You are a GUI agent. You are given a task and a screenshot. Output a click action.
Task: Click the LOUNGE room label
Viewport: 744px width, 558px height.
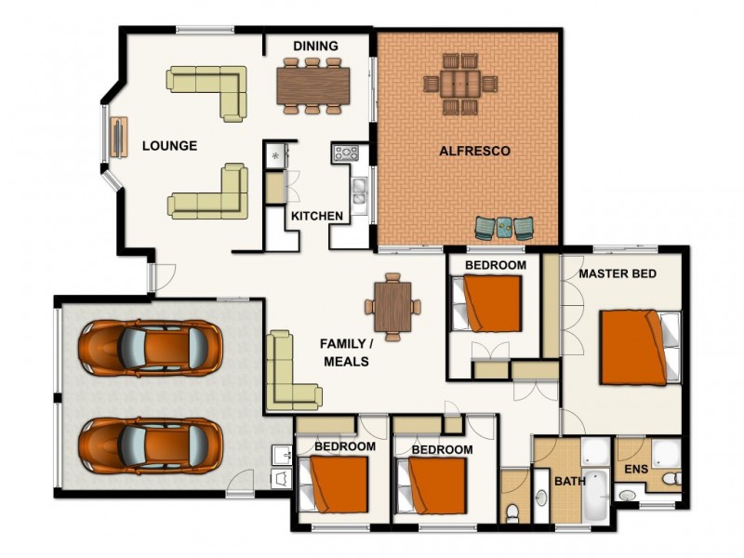169,146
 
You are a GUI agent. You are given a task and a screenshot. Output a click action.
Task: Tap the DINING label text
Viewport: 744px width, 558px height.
315,46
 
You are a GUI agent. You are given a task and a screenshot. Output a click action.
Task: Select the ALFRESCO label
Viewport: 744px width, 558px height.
474,151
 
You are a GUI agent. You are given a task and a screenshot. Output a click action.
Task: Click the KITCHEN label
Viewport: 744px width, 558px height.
316,217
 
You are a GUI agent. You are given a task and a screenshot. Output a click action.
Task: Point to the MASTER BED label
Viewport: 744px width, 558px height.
618,274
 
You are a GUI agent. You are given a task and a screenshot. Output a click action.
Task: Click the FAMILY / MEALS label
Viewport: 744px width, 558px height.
346,352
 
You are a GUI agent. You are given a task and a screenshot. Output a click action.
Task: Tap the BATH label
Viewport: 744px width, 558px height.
569,482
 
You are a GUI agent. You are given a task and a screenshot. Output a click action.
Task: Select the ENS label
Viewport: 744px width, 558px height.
636,469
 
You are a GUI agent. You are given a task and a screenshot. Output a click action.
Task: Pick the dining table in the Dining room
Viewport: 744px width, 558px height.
312,86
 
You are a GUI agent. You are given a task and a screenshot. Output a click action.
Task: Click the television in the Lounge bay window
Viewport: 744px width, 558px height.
117,139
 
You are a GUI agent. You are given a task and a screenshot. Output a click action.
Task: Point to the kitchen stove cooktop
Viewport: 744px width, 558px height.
346,153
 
